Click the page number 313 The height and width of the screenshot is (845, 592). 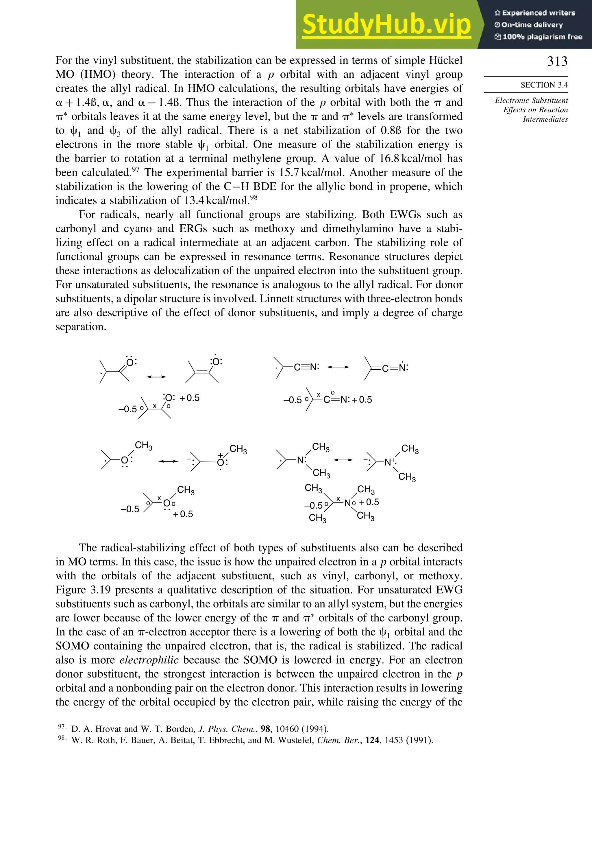(x=557, y=62)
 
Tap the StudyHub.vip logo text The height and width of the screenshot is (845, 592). (x=386, y=25)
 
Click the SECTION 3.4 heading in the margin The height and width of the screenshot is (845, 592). (x=544, y=85)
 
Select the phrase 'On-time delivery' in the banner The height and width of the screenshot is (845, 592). (x=532, y=25)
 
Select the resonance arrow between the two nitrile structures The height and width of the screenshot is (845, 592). (x=338, y=367)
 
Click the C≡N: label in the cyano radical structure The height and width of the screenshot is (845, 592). (x=306, y=367)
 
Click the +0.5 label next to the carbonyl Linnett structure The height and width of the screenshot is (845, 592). (x=189, y=398)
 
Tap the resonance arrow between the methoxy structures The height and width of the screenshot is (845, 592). (x=168, y=461)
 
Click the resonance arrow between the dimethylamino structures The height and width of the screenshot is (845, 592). (x=343, y=460)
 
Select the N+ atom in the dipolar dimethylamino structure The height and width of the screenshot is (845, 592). (x=389, y=462)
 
